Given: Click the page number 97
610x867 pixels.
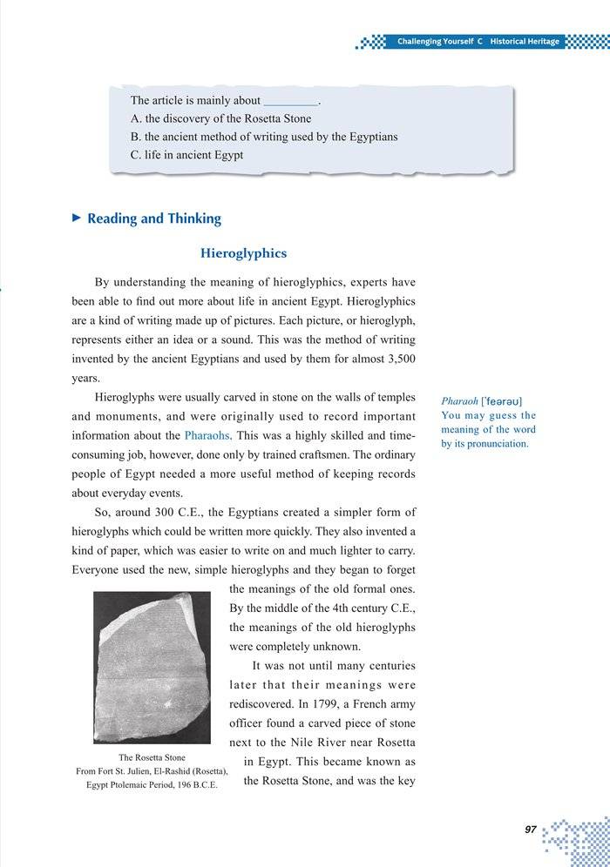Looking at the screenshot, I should point(530,830).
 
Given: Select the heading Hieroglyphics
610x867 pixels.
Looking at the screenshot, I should point(243,253).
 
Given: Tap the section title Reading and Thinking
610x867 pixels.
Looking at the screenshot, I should point(154,218).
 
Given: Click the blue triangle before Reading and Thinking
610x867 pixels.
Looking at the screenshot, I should point(76,218).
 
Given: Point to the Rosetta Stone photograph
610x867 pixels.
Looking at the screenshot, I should point(152,666).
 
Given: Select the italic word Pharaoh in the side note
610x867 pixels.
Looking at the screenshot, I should point(458,401).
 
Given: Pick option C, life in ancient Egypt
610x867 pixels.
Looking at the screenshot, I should point(186,155).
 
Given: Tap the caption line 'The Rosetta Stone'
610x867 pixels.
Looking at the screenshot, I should point(152,757).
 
